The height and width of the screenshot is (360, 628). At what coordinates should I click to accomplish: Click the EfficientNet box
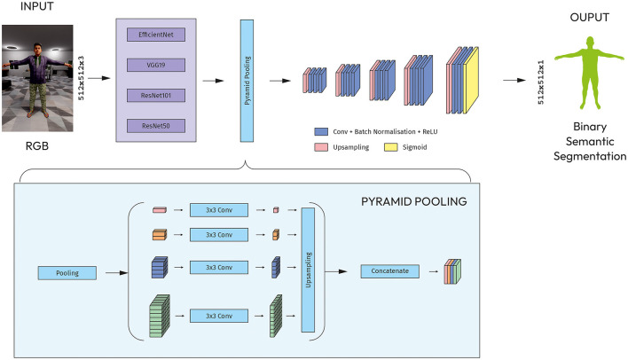(x=156, y=35)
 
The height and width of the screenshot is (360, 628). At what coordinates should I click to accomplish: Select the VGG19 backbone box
(x=156, y=65)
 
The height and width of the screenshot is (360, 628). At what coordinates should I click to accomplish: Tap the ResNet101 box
(x=156, y=95)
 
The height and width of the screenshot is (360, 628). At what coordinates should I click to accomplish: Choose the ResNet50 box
(x=156, y=126)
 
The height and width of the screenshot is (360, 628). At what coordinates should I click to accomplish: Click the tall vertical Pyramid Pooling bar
(x=247, y=81)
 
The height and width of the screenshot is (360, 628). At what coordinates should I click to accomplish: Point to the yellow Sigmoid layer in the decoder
(x=471, y=80)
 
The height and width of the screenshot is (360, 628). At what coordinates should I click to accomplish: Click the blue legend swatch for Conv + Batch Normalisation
(x=321, y=132)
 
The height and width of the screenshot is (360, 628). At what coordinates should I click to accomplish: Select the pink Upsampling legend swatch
(x=321, y=147)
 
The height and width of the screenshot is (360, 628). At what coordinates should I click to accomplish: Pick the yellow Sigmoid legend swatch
(x=391, y=147)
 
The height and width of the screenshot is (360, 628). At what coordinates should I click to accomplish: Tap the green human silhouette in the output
(x=590, y=73)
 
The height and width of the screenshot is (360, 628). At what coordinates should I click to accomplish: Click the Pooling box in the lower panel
(x=67, y=273)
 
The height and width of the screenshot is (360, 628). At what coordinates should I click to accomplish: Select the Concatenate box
(x=389, y=271)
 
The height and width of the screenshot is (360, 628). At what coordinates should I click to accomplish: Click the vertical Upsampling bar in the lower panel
(x=308, y=270)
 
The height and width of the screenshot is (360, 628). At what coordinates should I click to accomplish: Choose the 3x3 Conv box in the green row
(x=219, y=316)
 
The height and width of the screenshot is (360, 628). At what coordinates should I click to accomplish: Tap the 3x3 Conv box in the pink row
(x=219, y=210)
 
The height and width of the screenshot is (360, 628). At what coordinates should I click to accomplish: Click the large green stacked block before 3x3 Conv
(x=160, y=316)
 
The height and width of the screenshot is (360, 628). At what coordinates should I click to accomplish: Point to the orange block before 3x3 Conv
(x=160, y=234)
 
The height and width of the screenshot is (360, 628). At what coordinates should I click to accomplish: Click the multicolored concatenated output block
(x=452, y=271)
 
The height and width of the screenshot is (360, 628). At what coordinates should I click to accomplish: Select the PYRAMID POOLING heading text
(x=413, y=201)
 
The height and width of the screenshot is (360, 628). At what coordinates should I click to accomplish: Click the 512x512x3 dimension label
(x=82, y=78)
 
